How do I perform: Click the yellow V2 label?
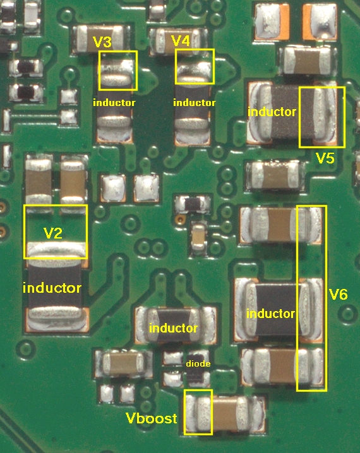point(52,233)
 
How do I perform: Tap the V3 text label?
point(102,42)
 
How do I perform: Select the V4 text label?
point(181,41)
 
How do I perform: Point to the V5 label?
point(325,158)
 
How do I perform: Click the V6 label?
point(339,295)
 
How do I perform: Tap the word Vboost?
point(151,418)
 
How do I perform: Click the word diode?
point(198,363)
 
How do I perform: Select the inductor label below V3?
point(114,103)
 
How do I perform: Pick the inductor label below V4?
point(195,103)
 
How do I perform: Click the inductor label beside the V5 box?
point(272,112)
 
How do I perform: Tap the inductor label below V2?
point(52,288)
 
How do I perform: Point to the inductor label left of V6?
point(271,314)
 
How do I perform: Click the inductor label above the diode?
point(173,328)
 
